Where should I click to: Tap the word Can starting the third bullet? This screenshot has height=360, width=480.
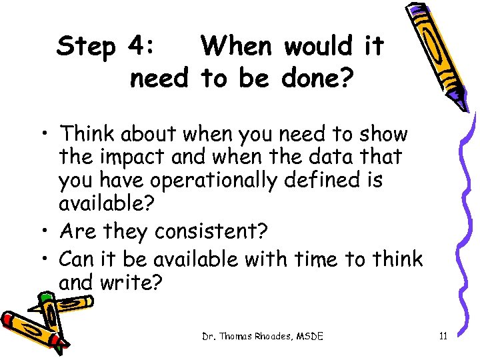(x=76, y=258)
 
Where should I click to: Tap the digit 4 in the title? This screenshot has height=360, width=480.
(x=141, y=47)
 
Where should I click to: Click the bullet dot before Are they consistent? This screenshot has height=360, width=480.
(x=49, y=231)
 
